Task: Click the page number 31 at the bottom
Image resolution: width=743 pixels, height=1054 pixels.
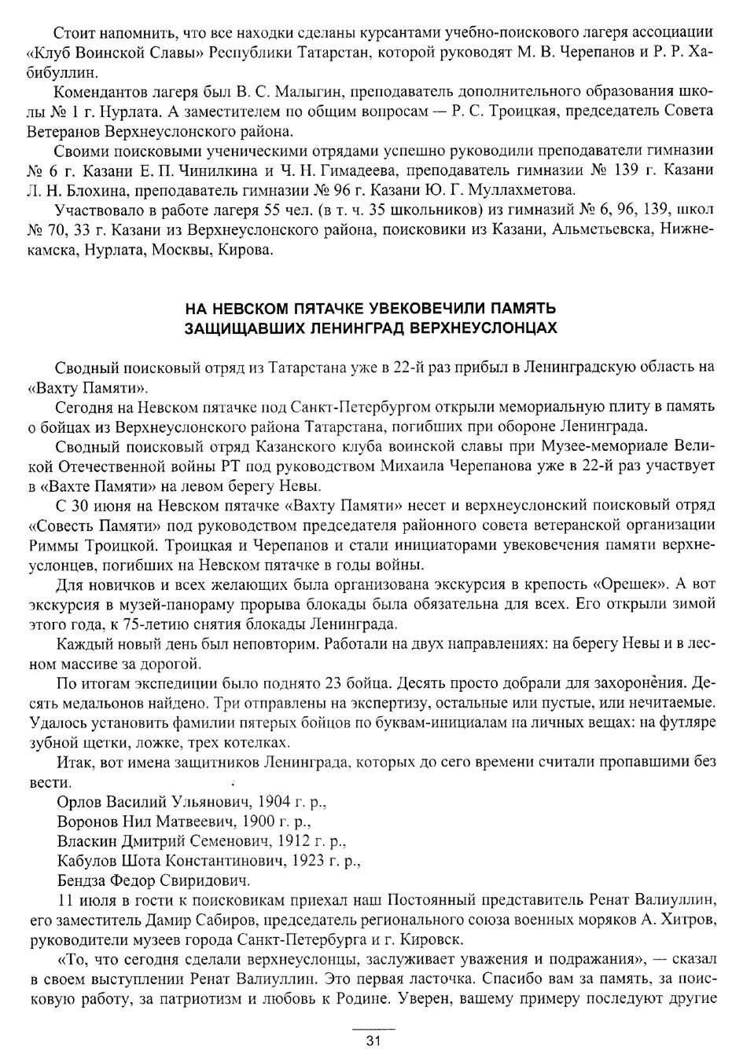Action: pos(373,1041)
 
